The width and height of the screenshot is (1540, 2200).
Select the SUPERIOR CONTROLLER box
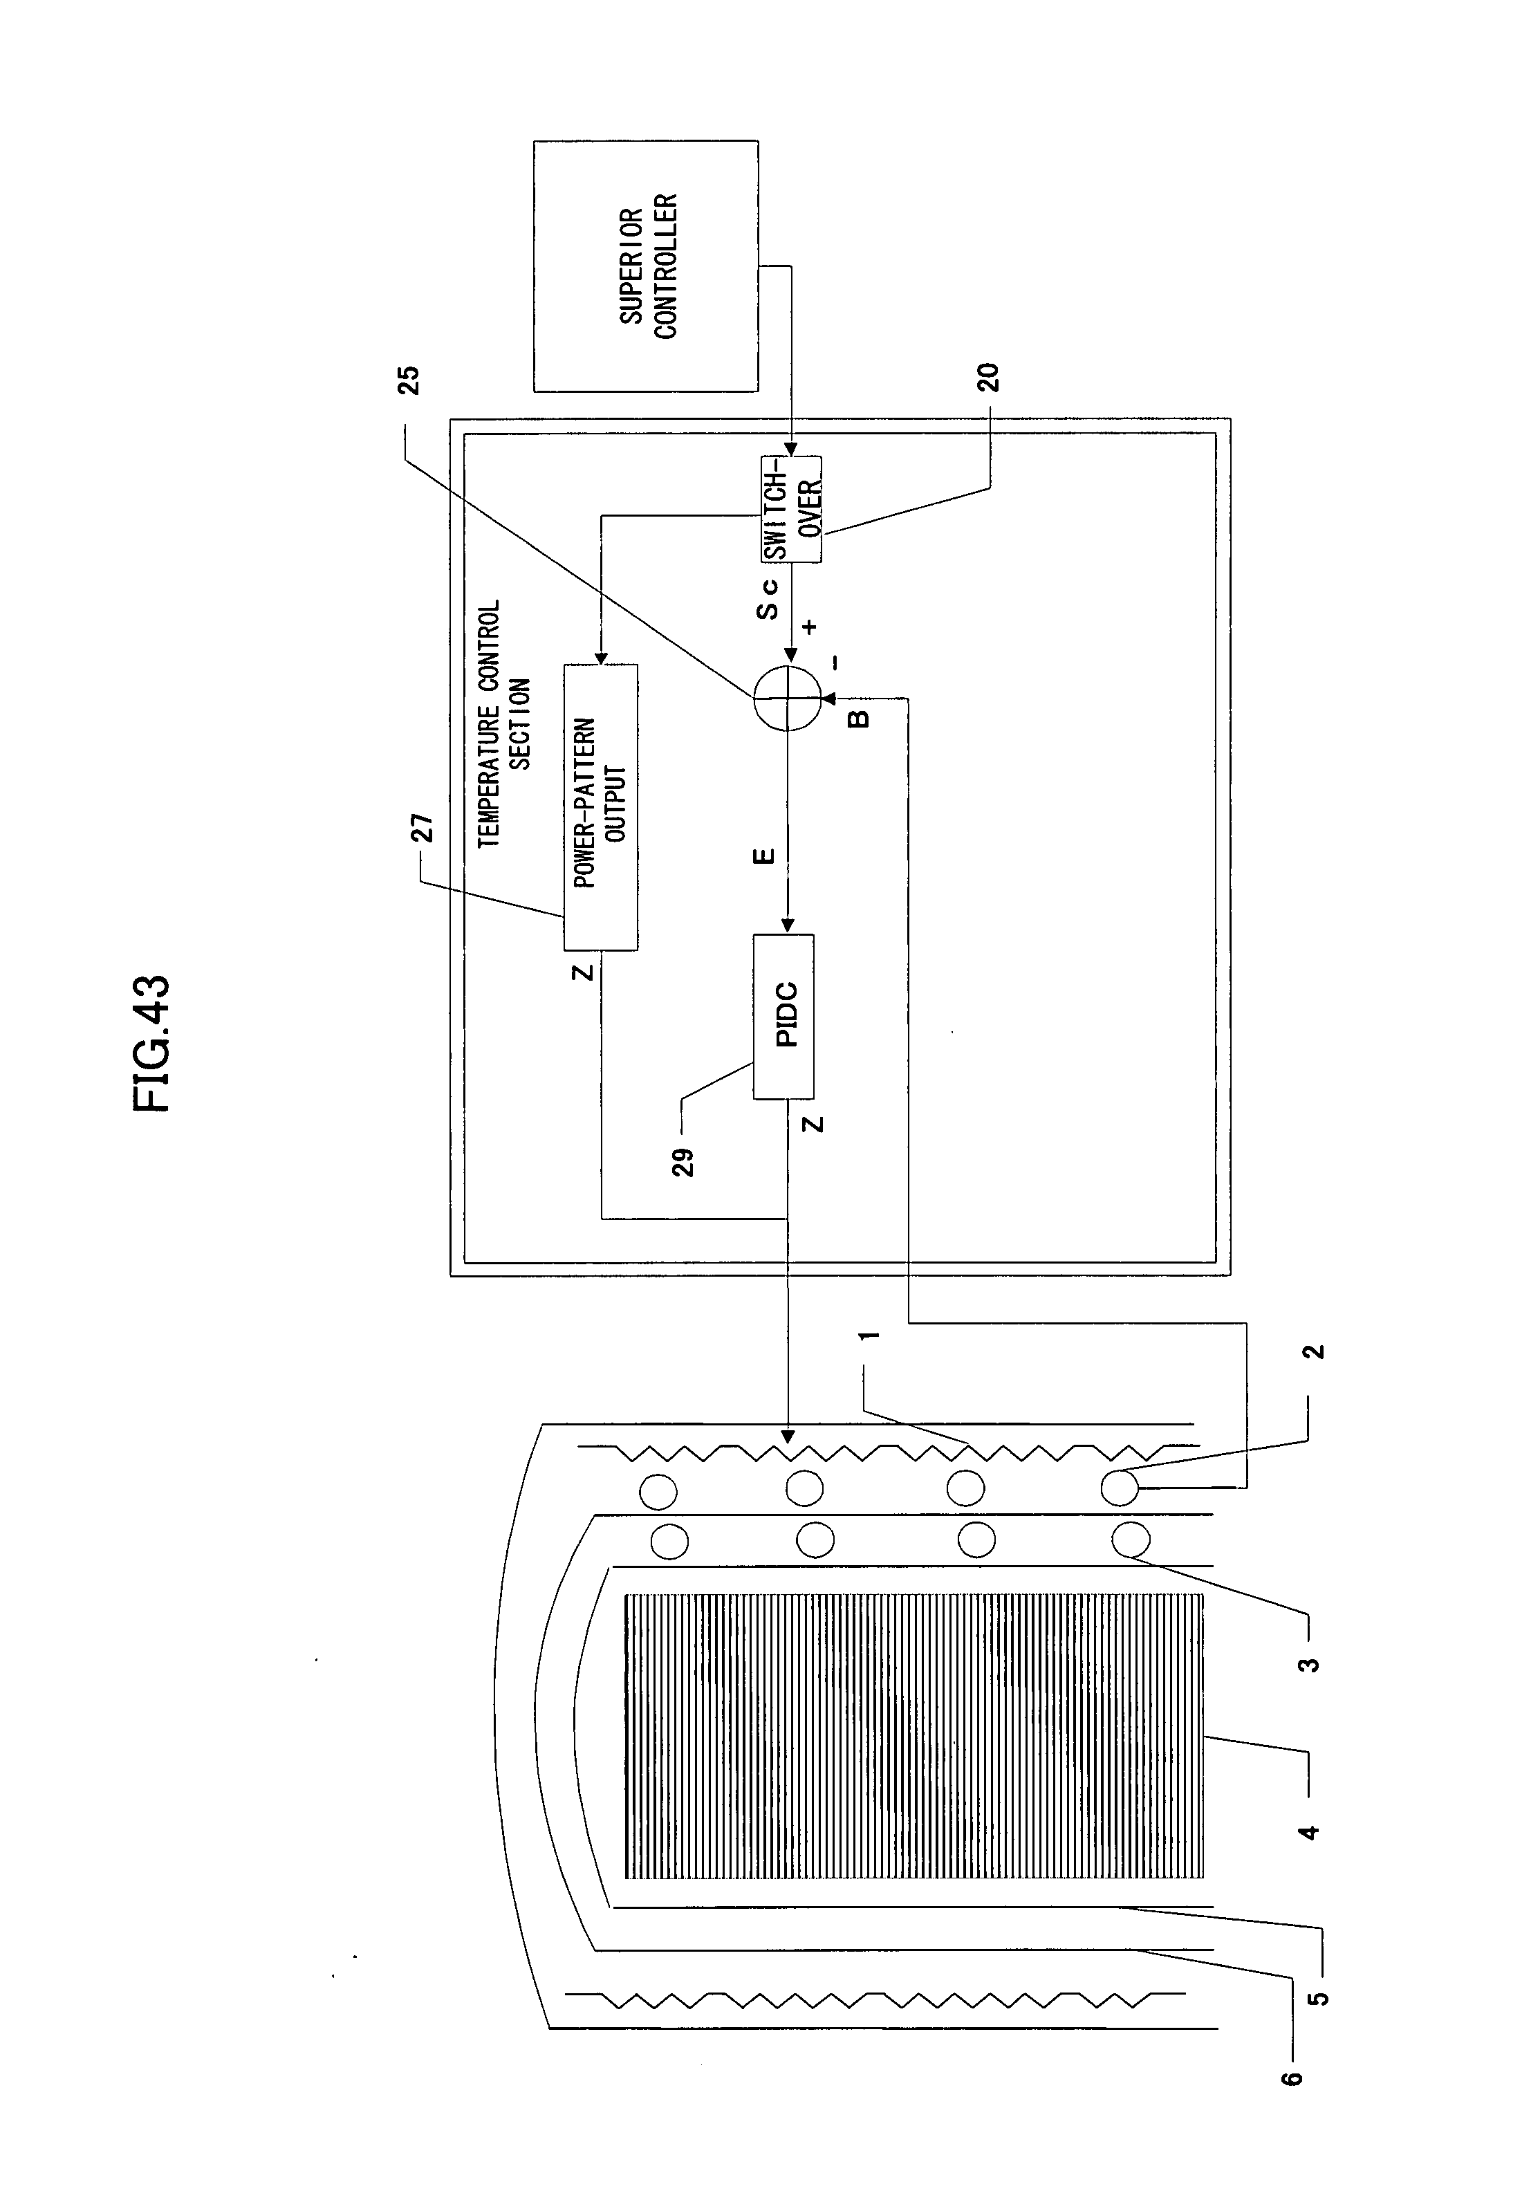645,266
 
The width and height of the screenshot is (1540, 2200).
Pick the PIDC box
784,1016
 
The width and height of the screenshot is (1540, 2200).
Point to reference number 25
410,380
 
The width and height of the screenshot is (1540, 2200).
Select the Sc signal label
768,598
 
